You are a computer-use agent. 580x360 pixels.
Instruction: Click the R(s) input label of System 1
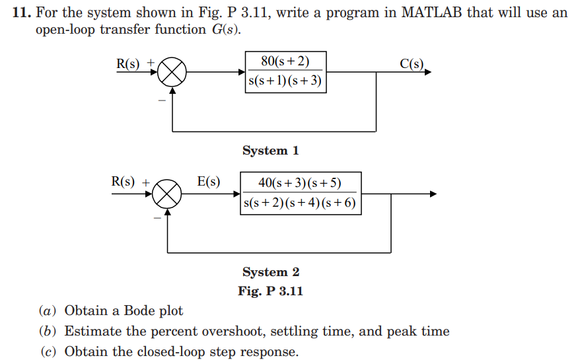[x=129, y=63]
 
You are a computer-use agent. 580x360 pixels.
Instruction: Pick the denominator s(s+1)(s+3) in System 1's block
[x=285, y=82]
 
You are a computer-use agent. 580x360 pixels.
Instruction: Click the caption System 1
[x=270, y=151]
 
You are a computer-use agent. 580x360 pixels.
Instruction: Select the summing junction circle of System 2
[x=167, y=194]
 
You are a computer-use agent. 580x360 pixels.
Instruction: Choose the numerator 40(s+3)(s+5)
[x=300, y=183]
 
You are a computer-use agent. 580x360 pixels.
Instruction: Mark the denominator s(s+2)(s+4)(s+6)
[x=300, y=203]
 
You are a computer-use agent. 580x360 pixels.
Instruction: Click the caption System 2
[x=270, y=272]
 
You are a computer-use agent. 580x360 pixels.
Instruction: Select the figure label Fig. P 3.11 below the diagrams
[x=270, y=291]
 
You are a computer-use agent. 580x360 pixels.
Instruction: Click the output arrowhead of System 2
[x=433, y=194]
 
